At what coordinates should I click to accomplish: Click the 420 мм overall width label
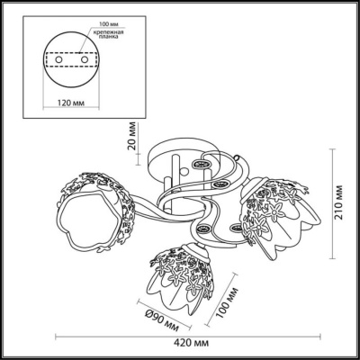point(188,343)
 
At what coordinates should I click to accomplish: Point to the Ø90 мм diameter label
point(162,321)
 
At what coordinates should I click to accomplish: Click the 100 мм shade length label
point(228,302)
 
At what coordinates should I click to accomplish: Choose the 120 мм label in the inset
point(71,103)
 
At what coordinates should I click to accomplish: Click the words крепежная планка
point(107,34)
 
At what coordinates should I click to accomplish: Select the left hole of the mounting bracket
point(59,59)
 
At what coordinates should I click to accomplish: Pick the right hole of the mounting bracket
point(85,59)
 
